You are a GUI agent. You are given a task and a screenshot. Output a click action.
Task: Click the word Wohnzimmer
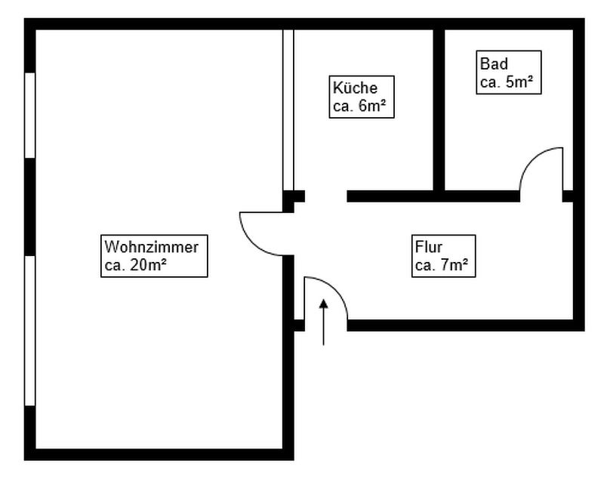pos(152,247)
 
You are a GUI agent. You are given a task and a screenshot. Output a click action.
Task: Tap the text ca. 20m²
pos(136,265)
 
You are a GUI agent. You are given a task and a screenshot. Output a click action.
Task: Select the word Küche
pos(355,88)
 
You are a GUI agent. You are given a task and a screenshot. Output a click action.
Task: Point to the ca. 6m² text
pos(359,106)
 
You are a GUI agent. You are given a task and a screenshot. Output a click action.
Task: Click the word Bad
pos(494,64)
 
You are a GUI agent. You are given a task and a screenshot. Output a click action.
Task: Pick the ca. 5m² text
pos(507,82)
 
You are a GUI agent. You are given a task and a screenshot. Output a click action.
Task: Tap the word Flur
pos(428,247)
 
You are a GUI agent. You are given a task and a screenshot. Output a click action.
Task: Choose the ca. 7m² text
pos(442,265)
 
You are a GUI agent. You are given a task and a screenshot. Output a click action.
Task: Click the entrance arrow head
pos(324,304)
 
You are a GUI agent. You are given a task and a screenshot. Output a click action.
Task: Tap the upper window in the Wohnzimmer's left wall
pos(30,115)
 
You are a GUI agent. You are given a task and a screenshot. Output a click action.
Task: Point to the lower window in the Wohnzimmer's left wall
pos(30,331)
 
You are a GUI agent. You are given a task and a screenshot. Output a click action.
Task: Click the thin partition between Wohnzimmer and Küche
pos(288,110)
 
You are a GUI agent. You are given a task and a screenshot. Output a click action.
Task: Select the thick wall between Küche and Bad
pos(439,110)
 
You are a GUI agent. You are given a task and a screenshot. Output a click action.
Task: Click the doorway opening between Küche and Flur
pos(326,196)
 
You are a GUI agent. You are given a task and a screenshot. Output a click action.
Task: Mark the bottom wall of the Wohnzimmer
pos(159,455)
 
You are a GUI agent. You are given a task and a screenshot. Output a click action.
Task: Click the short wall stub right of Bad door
pos(568,196)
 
